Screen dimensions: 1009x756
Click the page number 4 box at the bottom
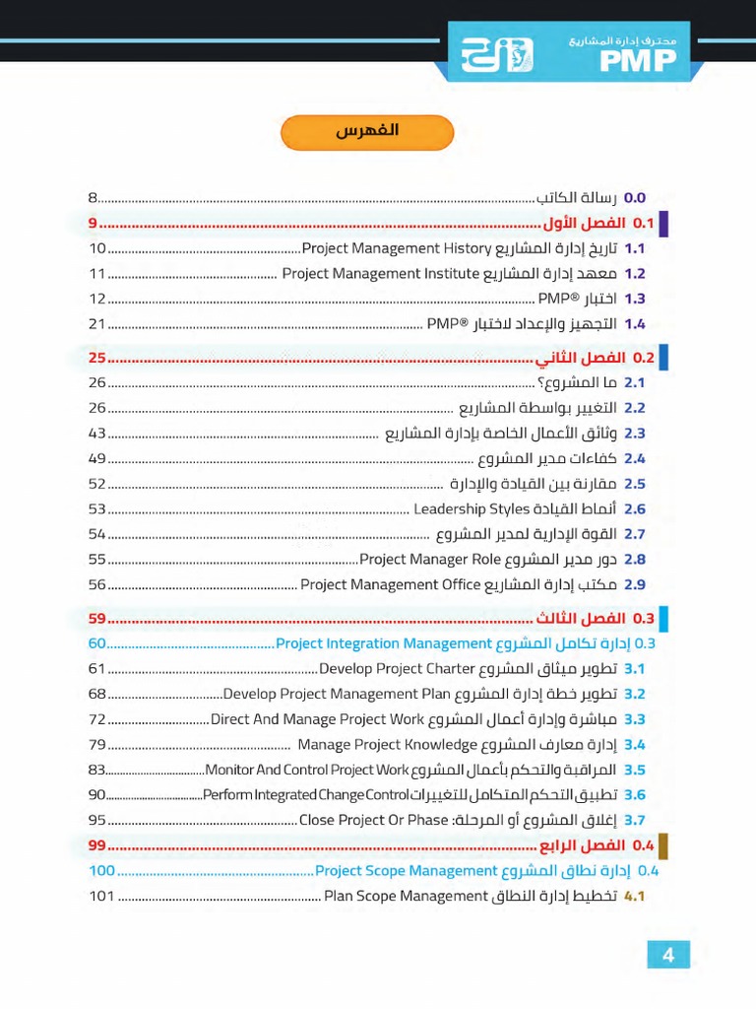point(668,955)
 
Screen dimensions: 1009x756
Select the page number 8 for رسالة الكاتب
point(93,198)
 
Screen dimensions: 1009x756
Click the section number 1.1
point(634,249)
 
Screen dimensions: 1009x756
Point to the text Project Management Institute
point(380,274)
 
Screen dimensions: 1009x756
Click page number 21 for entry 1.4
point(96,324)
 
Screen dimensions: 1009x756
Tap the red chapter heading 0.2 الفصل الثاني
point(595,358)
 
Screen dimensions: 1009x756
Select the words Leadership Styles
point(472,509)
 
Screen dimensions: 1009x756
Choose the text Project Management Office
point(391,584)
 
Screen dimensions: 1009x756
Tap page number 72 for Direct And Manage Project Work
point(96,719)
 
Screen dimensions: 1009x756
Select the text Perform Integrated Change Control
point(305,795)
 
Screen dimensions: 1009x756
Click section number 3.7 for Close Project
point(634,820)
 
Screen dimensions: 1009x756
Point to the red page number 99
point(96,845)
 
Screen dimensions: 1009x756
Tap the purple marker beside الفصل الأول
point(663,224)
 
